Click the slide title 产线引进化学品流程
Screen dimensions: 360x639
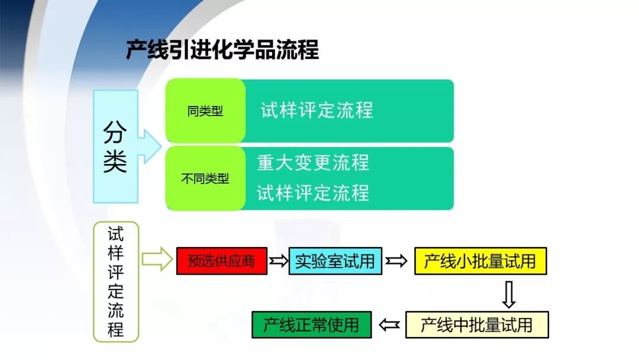pyautogui.click(x=222, y=50)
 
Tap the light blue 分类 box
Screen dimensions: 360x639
pyautogui.click(x=115, y=146)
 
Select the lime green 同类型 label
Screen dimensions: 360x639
pyautogui.click(x=205, y=111)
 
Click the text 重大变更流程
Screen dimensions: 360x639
pyautogui.click(x=313, y=163)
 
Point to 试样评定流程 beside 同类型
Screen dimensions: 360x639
pyautogui.click(x=317, y=111)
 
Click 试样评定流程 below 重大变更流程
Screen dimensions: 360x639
pyautogui.click(x=313, y=193)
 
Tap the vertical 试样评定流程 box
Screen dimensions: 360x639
pyautogui.click(x=116, y=282)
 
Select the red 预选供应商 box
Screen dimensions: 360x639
pyautogui.click(x=222, y=261)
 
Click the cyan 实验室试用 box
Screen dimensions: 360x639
pyautogui.click(x=335, y=261)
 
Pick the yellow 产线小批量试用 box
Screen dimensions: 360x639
pyautogui.click(x=480, y=261)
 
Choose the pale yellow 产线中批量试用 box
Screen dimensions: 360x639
pyautogui.click(x=477, y=324)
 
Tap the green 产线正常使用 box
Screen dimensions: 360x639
pyautogui.click(x=311, y=324)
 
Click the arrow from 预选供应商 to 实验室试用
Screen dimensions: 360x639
pyautogui.click(x=278, y=261)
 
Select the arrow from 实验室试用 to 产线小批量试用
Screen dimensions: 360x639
pyautogui.click(x=396, y=261)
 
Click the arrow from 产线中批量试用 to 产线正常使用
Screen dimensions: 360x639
pyautogui.click(x=389, y=324)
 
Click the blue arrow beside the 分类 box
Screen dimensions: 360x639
pyautogui.click(x=150, y=146)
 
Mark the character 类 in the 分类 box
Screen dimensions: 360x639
pyautogui.click(x=115, y=162)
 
